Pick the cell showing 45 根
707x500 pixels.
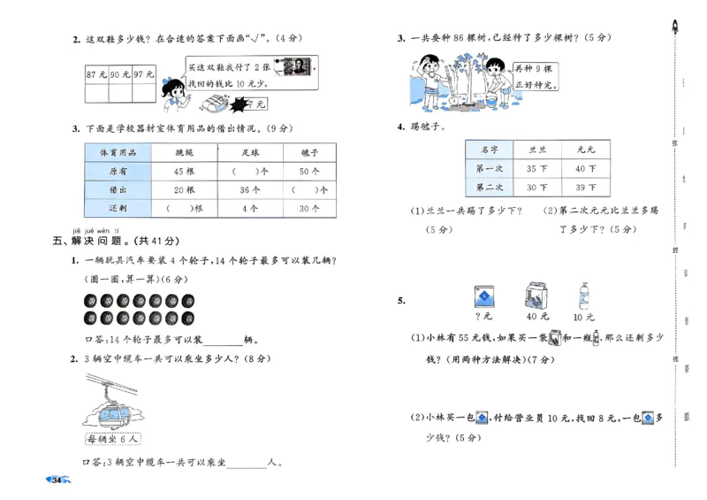click(184, 171)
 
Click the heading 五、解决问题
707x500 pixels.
click(116, 241)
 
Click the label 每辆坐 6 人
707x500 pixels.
click(115, 439)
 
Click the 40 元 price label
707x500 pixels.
click(537, 316)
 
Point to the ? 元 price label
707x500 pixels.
click(483, 316)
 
